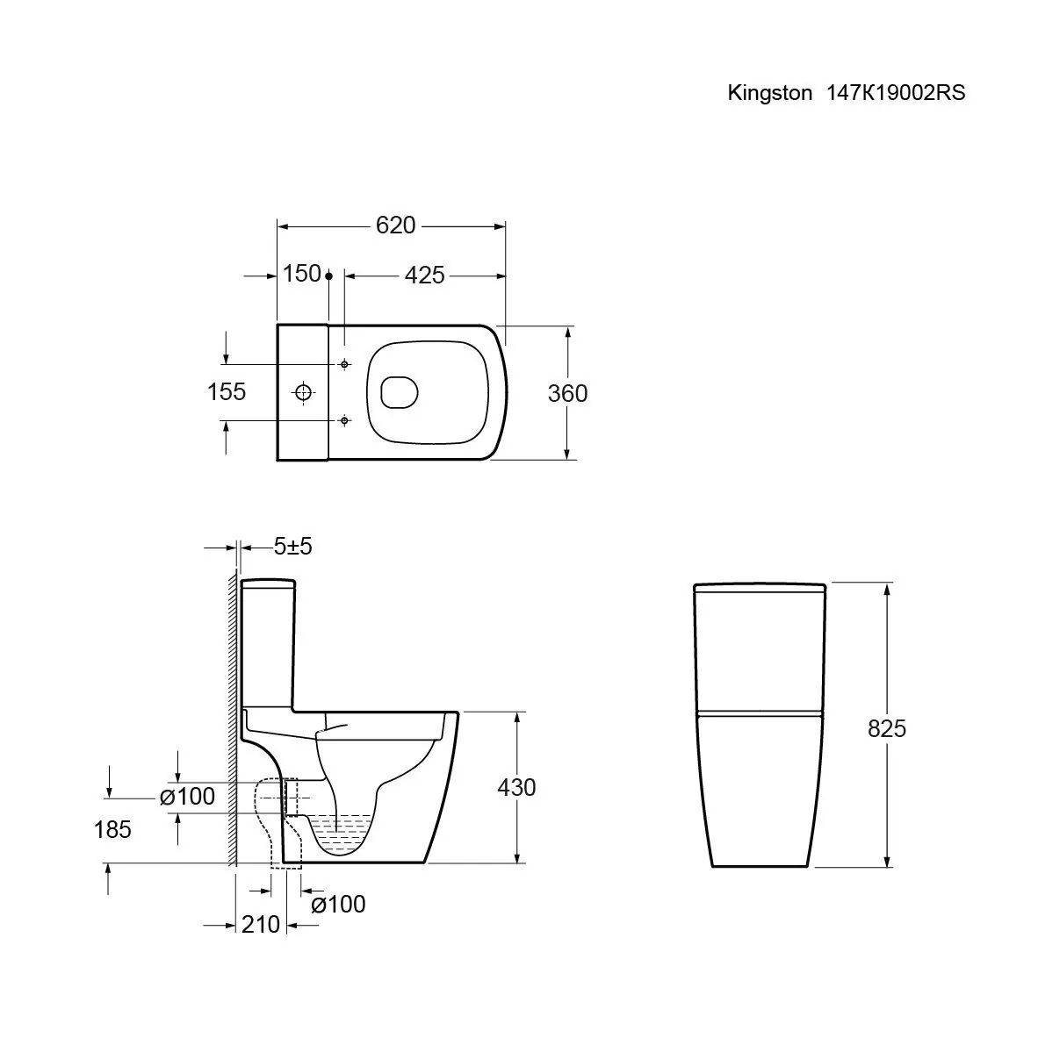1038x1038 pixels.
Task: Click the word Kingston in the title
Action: (769, 93)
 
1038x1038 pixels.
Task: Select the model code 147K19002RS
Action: (895, 93)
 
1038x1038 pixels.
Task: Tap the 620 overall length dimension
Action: (395, 225)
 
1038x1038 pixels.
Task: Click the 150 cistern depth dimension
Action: (301, 274)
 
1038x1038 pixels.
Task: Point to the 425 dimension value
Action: (424, 276)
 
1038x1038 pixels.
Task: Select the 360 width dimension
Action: (567, 394)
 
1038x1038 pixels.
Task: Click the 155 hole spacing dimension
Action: (227, 391)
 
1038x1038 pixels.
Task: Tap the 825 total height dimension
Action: (887, 728)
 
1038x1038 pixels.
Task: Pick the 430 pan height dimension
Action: (516, 788)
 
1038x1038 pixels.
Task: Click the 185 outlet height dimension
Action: (112, 829)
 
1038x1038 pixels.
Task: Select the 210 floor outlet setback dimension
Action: (260, 924)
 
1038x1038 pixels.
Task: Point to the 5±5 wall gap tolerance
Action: (292, 547)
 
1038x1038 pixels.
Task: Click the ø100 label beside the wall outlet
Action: (187, 797)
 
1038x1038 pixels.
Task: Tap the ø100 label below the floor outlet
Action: (338, 904)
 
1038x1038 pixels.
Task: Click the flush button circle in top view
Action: (303, 391)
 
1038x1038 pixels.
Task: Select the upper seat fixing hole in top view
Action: (344, 364)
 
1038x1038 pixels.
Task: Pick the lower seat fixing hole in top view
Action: (344, 421)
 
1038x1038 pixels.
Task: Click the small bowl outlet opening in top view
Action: (400, 392)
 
